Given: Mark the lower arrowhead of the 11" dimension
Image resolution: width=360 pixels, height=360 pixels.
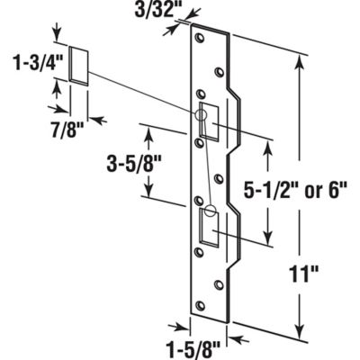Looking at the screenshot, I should click(301, 331).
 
